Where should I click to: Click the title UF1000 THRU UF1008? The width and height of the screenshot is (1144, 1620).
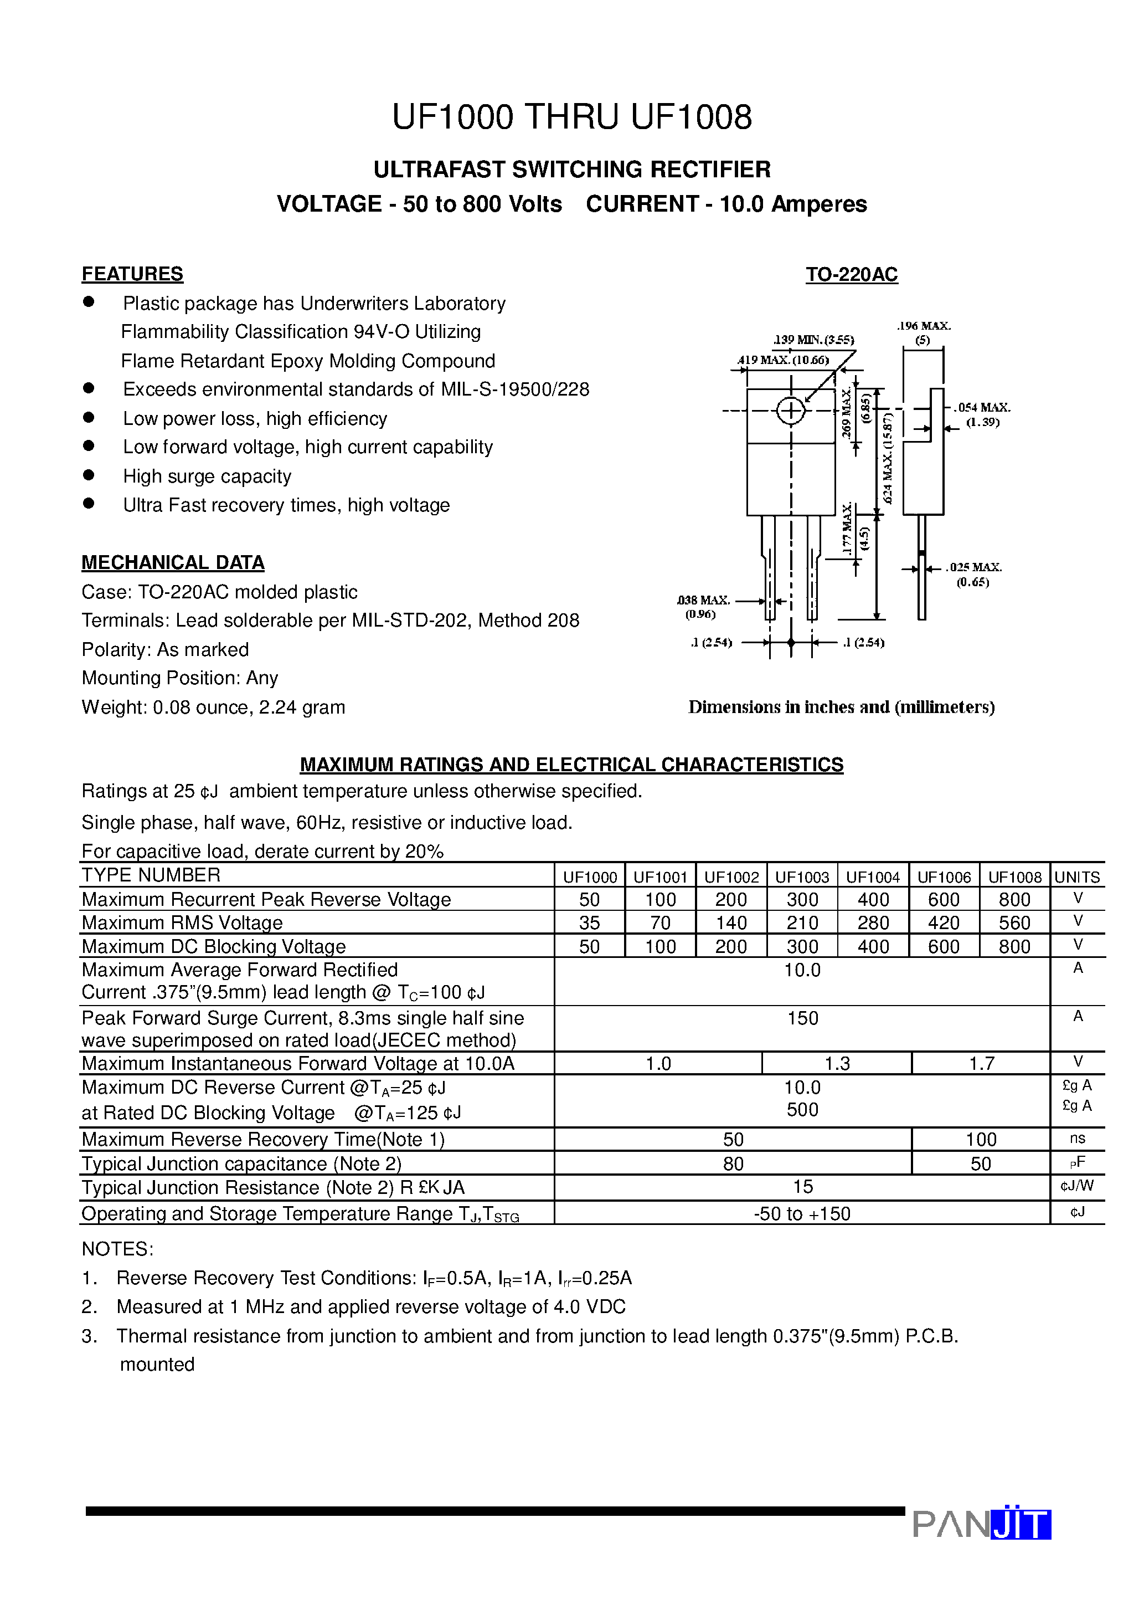point(571,117)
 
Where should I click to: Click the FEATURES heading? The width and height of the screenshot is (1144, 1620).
point(132,274)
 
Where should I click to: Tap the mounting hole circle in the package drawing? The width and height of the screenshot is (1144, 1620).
point(791,411)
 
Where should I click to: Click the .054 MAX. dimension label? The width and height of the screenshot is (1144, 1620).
point(982,408)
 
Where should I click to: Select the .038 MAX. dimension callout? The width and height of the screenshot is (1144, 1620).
point(703,601)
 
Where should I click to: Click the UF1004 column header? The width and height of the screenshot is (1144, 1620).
point(873,877)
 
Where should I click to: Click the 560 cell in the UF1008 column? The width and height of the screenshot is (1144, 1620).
point(1014,923)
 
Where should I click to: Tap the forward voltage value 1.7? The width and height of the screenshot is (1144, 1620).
point(981,1063)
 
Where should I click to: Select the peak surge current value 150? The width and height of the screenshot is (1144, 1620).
point(803,1018)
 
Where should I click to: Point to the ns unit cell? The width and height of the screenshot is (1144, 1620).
point(1077,1139)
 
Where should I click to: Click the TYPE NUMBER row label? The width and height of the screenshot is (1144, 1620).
point(151,875)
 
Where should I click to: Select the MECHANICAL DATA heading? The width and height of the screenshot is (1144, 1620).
point(173,562)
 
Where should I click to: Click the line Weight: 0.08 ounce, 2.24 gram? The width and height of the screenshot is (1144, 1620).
point(213,707)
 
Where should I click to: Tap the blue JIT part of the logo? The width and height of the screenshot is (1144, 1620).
point(1021,1525)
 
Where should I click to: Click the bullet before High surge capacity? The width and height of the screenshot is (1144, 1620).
point(89,475)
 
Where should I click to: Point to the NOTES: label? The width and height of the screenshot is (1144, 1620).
point(117,1249)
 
